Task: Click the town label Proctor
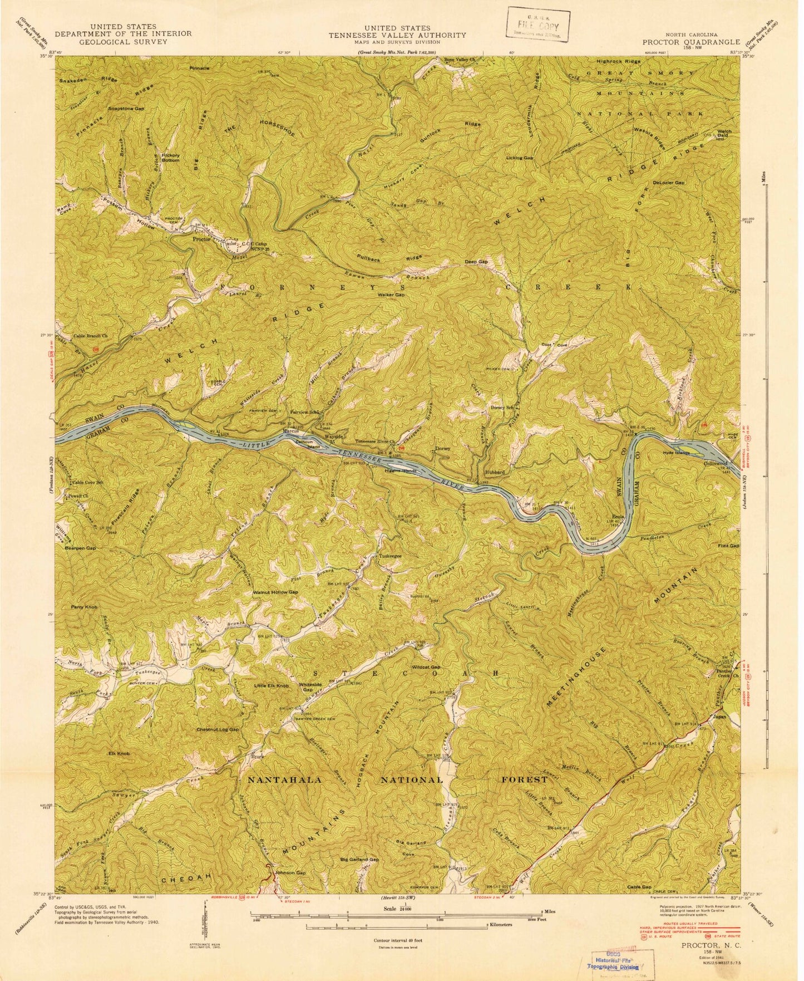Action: pos(200,239)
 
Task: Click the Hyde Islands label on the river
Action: pos(676,453)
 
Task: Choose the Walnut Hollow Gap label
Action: pos(275,592)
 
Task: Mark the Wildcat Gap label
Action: pos(427,667)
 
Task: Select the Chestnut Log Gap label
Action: pos(218,729)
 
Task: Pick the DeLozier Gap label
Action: pos(669,182)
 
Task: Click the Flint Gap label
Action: pos(728,546)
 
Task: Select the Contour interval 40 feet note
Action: pos(397,940)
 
